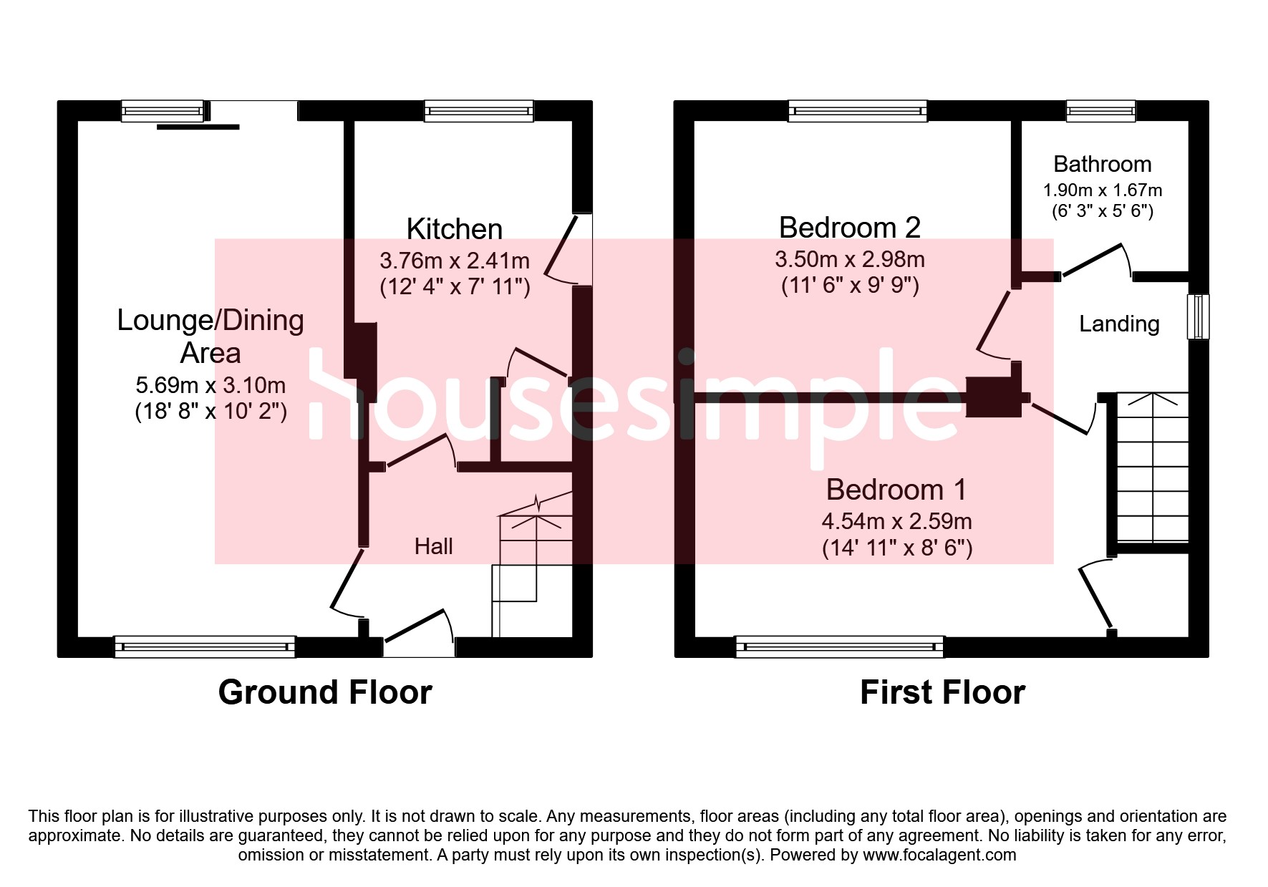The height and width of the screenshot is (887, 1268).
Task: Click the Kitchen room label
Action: point(454,229)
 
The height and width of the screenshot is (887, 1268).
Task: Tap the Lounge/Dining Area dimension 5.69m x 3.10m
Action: point(210,385)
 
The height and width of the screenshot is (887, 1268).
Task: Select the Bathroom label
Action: point(1102,164)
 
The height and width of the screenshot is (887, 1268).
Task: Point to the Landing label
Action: point(1119,324)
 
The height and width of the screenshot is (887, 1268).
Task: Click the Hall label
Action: point(433,546)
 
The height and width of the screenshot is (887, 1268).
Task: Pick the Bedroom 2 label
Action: point(849,228)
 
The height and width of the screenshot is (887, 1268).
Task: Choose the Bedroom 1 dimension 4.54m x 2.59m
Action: point(896,521)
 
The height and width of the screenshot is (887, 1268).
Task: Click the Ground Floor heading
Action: point(325,692)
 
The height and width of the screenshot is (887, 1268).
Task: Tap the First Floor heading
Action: point(942,692)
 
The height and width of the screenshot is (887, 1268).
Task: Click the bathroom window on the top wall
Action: point(1100,110)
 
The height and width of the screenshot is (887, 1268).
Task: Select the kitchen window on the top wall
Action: point(479,110)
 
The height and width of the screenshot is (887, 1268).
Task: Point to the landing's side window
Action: point(1199,316)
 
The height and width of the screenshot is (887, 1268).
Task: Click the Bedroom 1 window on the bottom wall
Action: point(839,646)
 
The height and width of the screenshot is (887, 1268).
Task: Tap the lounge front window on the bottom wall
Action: point(205,646)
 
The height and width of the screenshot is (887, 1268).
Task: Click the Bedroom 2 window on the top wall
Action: point(858,110)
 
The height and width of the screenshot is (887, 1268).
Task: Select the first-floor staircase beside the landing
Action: point(1152,467)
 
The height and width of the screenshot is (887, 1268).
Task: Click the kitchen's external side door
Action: point(570,249)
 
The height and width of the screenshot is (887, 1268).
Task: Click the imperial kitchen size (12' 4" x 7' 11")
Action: point(455,286)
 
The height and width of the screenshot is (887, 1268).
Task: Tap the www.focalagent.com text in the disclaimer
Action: point(939,855)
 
